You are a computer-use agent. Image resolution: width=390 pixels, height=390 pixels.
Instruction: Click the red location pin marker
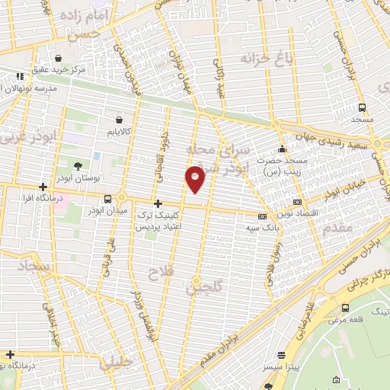[x=196, y=178]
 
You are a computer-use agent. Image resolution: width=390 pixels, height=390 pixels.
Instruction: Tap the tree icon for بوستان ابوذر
[x=78, y=166]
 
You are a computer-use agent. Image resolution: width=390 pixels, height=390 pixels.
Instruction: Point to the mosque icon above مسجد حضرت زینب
[x=282, y=149]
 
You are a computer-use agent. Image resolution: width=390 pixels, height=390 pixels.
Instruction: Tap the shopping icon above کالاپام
[x=119, y=120]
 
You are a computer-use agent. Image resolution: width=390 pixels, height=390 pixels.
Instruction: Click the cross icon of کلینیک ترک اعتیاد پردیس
[x=158, y=203]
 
